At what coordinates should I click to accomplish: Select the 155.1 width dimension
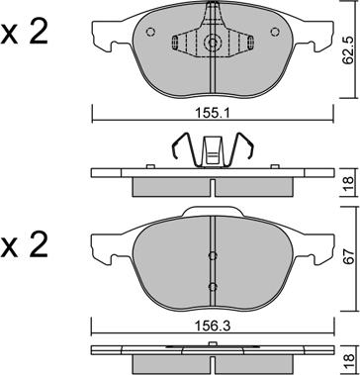click(213, 114)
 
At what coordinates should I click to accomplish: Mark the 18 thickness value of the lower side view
click(348, 360)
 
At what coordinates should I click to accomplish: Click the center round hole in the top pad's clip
click(213, 45)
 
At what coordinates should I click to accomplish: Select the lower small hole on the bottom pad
click(213, 286)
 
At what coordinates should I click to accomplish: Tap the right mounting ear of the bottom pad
click(324, 240)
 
